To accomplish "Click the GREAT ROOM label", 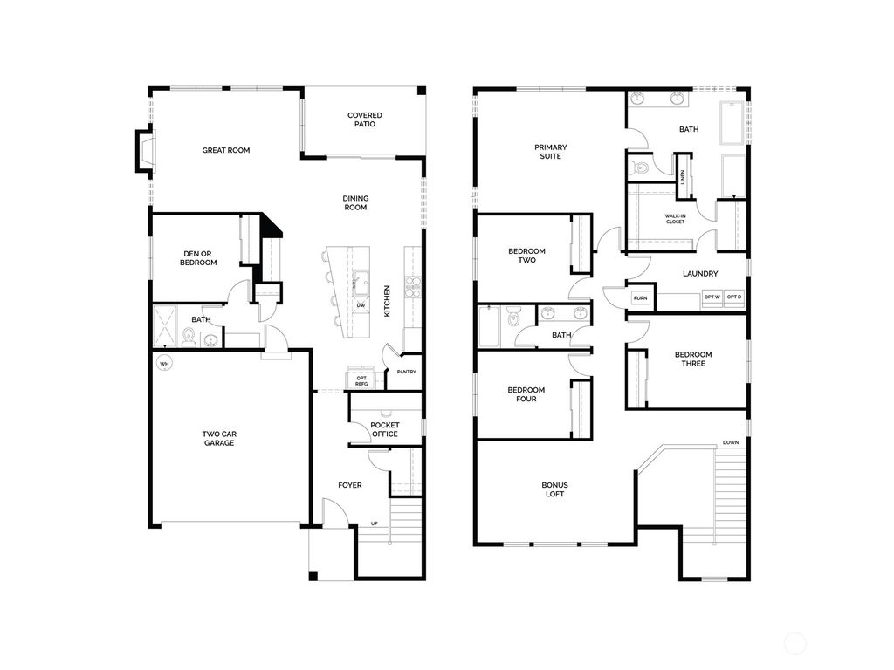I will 226,150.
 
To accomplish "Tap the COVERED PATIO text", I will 364,120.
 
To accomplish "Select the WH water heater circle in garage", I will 163,363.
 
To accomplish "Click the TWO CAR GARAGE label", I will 218,438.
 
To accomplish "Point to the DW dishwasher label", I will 361,305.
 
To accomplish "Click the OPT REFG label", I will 361,380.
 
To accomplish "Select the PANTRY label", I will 406,372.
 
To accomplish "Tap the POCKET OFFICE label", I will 384,429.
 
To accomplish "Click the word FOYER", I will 350,485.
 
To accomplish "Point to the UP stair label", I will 375,524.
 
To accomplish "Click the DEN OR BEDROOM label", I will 198,257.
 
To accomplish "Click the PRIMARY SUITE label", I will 550,152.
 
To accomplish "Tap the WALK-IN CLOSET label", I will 675,219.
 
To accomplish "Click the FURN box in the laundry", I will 642,298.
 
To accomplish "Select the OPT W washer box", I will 712,297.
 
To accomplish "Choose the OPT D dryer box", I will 734,297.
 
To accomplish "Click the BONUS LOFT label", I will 554,489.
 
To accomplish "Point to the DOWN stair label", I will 731,442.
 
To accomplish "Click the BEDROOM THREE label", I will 692,359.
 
